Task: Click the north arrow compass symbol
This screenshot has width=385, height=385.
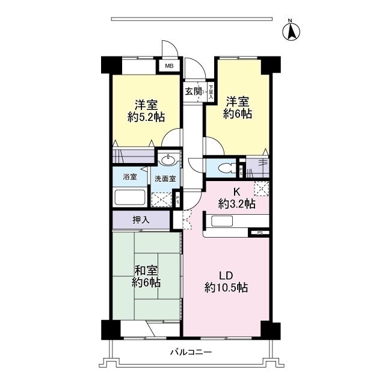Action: [291, 31]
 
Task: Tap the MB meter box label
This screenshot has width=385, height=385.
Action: [170, 66]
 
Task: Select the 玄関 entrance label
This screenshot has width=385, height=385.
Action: [194, 91]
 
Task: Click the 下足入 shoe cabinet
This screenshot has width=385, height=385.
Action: [211, 92]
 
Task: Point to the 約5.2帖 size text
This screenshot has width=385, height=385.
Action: [146, 116]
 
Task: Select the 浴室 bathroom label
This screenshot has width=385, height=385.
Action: [129, 177]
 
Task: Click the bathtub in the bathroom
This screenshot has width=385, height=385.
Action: [130, 198]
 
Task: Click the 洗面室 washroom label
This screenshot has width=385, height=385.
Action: [164, 179]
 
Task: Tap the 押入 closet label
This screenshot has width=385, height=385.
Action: [141, 220]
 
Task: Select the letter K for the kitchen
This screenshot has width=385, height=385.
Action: [237, 192]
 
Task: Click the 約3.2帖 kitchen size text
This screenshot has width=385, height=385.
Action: [236, 205]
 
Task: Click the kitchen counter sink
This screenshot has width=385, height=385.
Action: [221, 221]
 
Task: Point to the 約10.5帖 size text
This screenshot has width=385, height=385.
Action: [226, 288]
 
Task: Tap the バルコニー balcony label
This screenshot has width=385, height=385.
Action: [191, 353]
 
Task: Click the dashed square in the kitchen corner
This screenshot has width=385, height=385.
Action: [261, 189]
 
